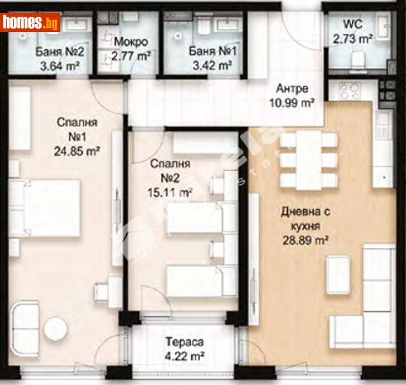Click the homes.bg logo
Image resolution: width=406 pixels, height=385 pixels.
tap(31, 22)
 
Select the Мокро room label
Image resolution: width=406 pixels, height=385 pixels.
tap(131, 42)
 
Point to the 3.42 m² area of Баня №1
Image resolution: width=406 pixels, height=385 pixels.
tap(210, 65)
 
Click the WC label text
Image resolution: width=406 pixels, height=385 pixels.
tap(353, 25)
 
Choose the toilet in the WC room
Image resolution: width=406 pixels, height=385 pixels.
tap(358, 60)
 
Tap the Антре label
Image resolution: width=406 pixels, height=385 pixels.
tap(292, 89)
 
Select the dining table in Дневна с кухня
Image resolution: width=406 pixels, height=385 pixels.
tap(309, 160)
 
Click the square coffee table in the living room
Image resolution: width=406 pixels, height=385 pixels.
tap(338, 275)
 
